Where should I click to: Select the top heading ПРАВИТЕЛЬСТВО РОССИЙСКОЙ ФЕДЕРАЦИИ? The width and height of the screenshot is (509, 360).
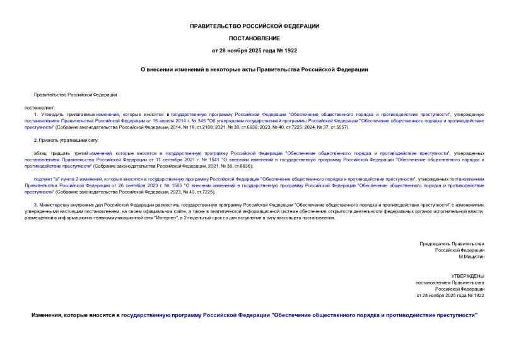(x=254, y=26)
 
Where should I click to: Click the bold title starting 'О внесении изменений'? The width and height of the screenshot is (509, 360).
(x=254, y=69)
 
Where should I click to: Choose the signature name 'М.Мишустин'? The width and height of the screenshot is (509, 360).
(x=471, y=257)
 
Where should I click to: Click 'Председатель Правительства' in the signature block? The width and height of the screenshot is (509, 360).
(x=452, y=243)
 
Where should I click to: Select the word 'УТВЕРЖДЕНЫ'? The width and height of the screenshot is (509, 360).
(x=467, y=276)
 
